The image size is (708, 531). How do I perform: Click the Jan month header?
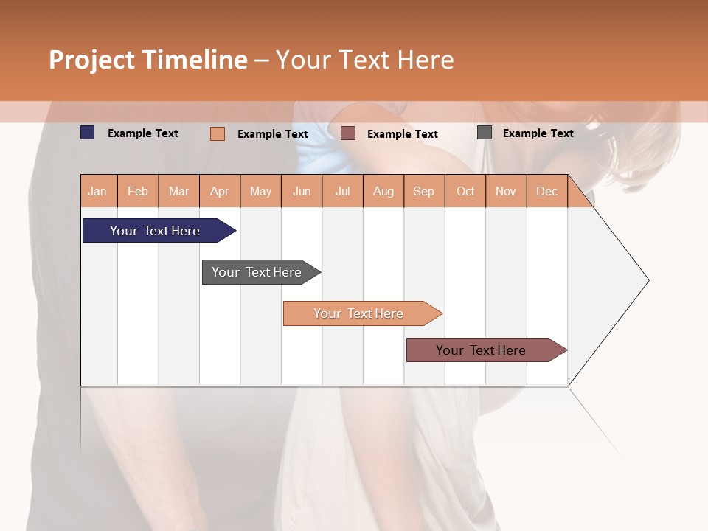pos(98,191)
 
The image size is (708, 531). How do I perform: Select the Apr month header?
pos(220,191)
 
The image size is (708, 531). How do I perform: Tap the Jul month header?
pos(343,191)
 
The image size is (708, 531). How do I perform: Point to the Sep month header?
pos(424,191)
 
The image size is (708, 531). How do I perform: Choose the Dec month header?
pos(547,191)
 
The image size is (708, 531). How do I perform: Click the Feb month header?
pos(138,191)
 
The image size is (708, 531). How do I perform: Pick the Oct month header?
pos(465,191)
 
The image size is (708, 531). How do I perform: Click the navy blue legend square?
pos(88,133)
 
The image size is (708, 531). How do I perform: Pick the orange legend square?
pos(218,133)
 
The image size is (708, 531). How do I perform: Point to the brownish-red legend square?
pos(348,133)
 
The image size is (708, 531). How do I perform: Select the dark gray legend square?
pos(485,133)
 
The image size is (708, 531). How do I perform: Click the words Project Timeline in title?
pos(148,60)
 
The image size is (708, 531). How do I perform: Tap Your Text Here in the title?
pos(364,60)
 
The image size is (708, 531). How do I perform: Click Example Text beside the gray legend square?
pos(538,133)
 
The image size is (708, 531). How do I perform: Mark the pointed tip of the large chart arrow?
pos(648,280)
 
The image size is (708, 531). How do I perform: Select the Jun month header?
pos(302,191)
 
